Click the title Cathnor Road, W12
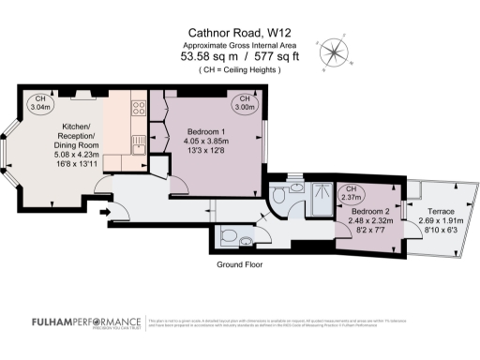(x=240, y=33)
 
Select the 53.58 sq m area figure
(x=208, y=56)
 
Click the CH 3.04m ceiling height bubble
(x=40, y=103)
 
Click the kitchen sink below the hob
(x=137, y=142)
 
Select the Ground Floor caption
(x=239, y=265)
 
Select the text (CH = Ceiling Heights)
(x=240, y=70)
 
